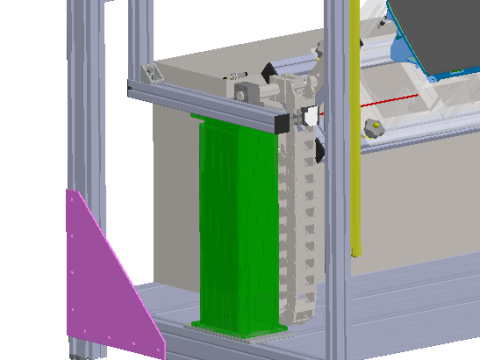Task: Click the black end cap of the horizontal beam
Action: [283, 122]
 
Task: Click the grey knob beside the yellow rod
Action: [375, 127]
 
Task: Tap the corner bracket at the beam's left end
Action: [150, 75]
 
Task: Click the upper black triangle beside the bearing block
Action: [269, 72]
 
